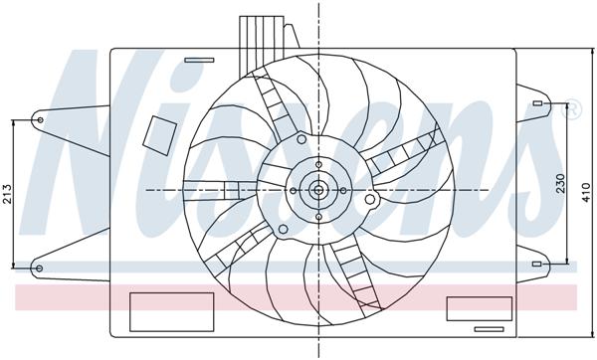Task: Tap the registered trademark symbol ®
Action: click(572, 111)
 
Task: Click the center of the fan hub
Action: click(318, 188)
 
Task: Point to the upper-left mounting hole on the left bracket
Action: click(40, 121)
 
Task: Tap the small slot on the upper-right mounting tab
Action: click(536, 102)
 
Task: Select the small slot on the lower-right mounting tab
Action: click(536, 265)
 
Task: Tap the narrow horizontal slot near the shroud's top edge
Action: click(200, 60)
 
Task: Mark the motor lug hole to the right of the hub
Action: click(370, 200)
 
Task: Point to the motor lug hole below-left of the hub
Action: click(283, 233)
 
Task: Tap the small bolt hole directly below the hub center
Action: click(318, 214)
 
